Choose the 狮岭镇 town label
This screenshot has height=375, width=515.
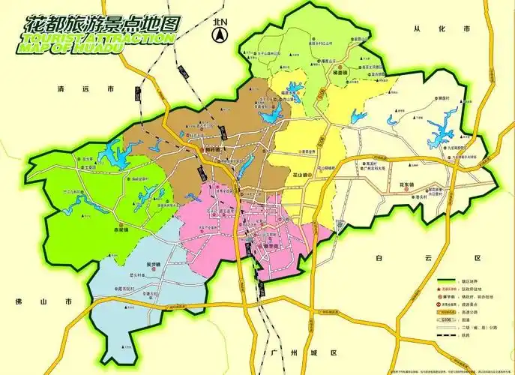214,148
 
